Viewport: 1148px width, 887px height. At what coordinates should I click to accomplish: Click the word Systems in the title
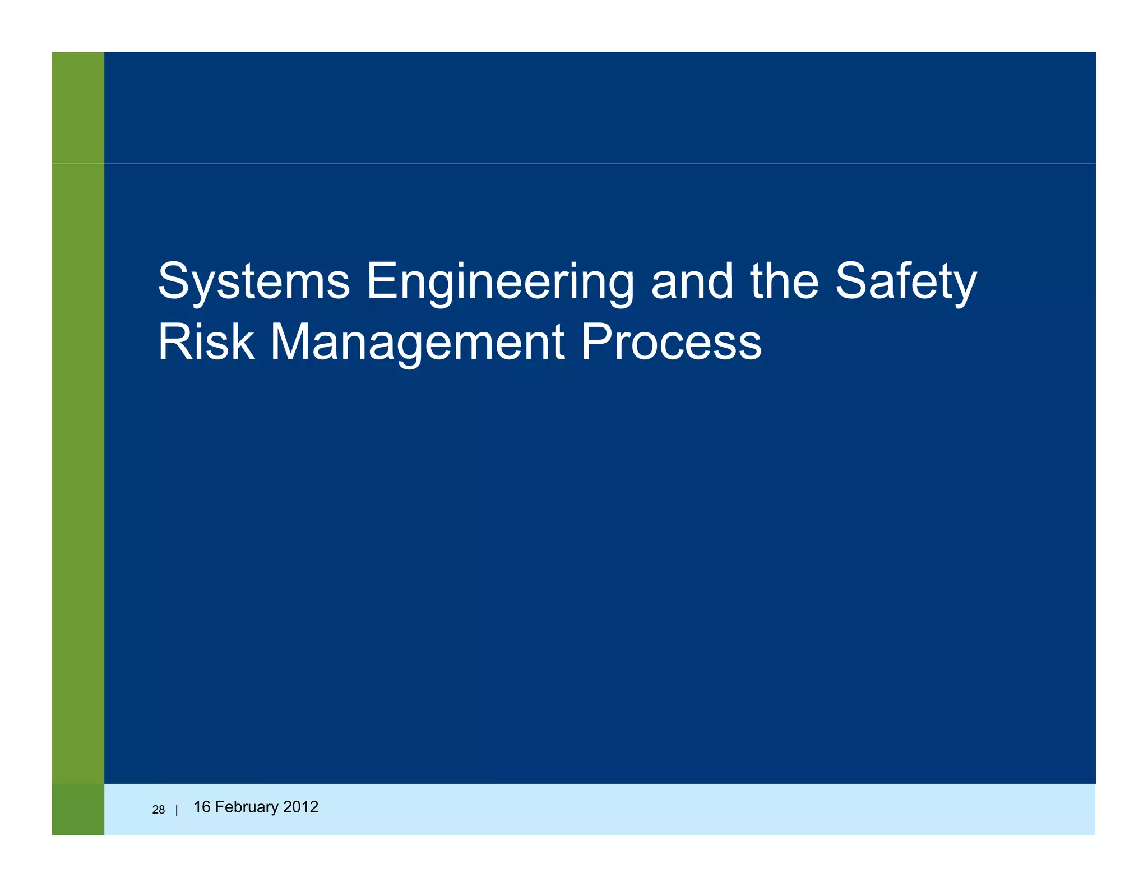(x=254, y=281)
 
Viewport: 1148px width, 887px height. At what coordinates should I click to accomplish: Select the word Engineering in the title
(x=500, y=281)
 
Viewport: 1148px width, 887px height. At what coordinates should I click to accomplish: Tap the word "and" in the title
(x=692, y=281)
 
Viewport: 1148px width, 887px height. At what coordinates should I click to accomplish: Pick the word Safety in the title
(x=906, y=281)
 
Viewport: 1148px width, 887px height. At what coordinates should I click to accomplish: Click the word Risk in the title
(x=206, y=342)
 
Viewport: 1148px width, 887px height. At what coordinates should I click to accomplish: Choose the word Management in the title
(x=418, y=342)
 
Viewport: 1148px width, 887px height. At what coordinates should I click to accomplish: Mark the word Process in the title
(x=671, y=342)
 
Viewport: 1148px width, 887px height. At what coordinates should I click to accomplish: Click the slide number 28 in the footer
(x=159, y=810)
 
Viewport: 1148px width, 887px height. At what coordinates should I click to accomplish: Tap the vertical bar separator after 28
(x=177, y=810)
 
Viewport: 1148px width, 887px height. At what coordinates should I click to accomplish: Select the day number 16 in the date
(x=202, y=807)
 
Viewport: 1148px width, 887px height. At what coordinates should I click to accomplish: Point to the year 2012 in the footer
(x=301, y=807)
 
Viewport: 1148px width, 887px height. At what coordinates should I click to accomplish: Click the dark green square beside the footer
(x=78, y=809)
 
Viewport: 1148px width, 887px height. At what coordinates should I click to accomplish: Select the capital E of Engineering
(x=381, y=281)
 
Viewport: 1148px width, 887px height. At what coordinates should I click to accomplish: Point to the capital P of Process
(x=595, y=342)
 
